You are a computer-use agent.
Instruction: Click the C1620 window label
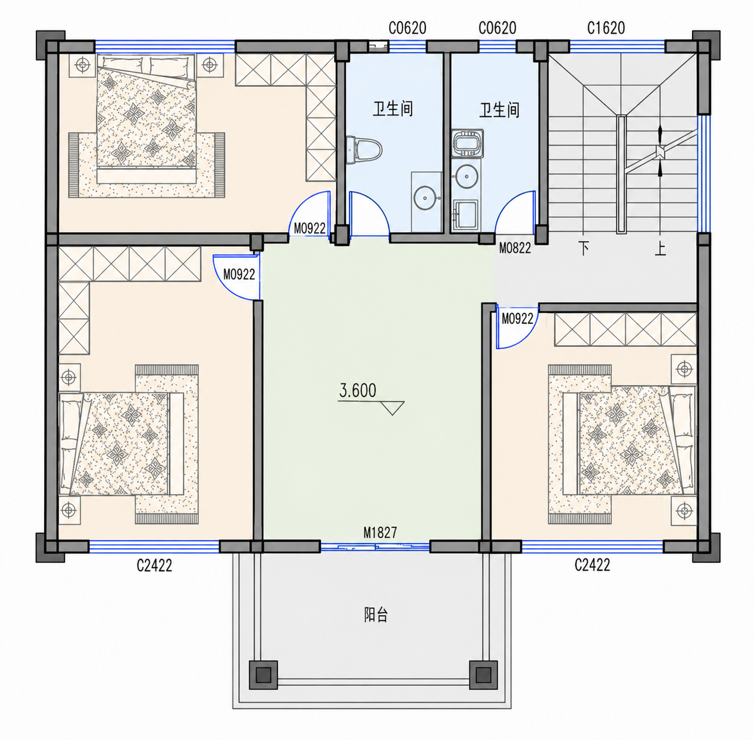[x=606, y=28]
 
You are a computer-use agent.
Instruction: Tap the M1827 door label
[x=380, y=532]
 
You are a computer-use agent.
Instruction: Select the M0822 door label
[x=515, y=248]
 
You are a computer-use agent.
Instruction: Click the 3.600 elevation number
[x=357, y=391]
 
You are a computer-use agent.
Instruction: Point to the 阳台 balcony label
[x=376, y=615]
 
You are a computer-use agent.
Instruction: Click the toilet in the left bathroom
[x=364, y=150]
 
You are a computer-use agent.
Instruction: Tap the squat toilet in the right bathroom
[x=468, y=142]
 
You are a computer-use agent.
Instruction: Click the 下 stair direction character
[x=584, y=248]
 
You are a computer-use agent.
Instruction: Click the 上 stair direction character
[x=660, y=248]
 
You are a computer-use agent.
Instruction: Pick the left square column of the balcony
[x=263, y=675]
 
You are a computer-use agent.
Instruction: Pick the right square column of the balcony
[x=483, y=675]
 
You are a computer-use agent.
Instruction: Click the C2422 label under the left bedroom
[x=154, y=566]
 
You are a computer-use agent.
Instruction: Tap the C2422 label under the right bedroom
[x=592, y=565]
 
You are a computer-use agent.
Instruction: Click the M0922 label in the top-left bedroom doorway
[x=310, y=229]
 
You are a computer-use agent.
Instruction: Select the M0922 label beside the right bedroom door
[x=518, y=319]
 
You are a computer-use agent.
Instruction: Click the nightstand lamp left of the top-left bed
[x=82, y=65]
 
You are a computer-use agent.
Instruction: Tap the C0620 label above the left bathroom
[x=407, y=28]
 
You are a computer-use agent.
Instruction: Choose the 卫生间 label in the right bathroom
[x=500, y=110]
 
